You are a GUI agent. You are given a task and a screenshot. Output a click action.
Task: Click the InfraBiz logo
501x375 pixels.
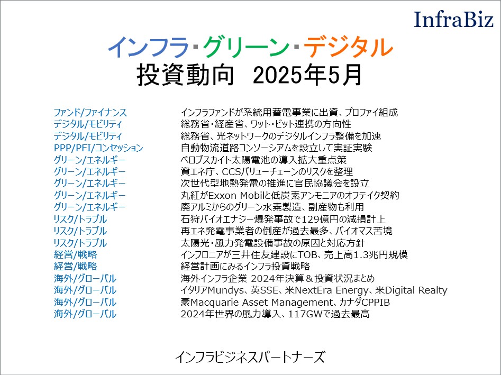(453, 19)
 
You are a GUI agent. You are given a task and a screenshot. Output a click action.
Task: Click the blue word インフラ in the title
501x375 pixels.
(149, 47)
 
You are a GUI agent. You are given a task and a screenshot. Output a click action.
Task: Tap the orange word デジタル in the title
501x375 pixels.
(348, 47)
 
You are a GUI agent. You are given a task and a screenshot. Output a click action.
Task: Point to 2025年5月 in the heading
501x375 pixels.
(307, 75)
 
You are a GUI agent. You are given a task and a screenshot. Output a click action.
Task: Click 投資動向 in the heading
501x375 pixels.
(185, 75)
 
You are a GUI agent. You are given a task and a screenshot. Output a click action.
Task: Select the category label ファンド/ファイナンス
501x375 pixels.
(90, 113)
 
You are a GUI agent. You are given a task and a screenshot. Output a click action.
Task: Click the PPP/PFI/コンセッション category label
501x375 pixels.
(98, 148)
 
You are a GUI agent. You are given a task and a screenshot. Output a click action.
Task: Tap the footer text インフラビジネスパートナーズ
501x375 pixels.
(250, 357)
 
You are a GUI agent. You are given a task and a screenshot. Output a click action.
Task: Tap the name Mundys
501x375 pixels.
(225, 290)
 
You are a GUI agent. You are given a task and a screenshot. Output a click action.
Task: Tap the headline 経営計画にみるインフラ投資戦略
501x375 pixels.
(245, 267)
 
